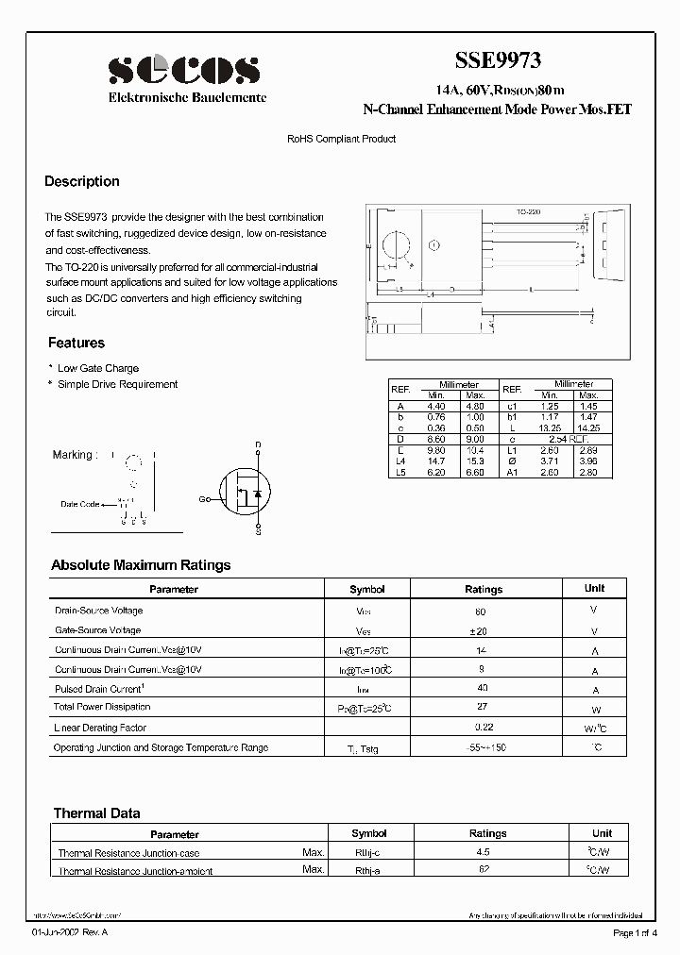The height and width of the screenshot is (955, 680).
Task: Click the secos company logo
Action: [x=183, y=71]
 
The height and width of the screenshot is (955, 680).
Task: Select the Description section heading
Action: [x=82, y=181]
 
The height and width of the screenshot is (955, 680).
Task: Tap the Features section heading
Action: [x=76, y=343]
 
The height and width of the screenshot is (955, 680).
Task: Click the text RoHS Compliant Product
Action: [x=341, y=139]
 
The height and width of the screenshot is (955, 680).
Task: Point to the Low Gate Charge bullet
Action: [x=97, y=368]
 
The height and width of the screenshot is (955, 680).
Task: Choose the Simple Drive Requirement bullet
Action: [x=117, y=384]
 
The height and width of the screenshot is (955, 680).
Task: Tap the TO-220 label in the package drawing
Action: [x=528, y=214]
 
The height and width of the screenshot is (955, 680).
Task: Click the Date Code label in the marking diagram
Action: [x=80, y=504]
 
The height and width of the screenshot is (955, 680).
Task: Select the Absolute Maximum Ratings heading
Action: [x=141, y=565]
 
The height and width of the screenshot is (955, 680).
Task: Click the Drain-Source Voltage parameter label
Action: [x=99, y=611]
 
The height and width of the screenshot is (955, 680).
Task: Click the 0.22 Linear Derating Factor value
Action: [x=484, y=728]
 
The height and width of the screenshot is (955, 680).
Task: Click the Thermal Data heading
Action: [x=96, y=813]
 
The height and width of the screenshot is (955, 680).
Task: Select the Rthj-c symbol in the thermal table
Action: [x=367, y=853]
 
